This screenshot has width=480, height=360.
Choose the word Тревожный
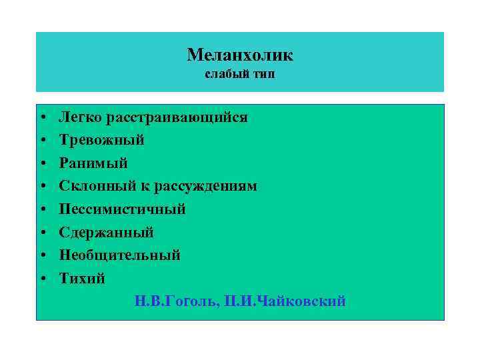101,140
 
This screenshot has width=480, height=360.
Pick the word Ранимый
93,163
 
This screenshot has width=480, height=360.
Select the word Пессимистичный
122,209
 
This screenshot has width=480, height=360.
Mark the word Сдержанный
106,233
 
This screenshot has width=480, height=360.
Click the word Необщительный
119,255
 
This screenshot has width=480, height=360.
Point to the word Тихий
82,278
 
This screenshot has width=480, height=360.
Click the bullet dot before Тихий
42,279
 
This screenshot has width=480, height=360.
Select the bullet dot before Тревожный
42,141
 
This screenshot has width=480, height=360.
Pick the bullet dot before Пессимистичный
42,210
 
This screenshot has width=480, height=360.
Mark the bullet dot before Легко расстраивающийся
42,118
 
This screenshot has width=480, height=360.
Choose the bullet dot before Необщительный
42,256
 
